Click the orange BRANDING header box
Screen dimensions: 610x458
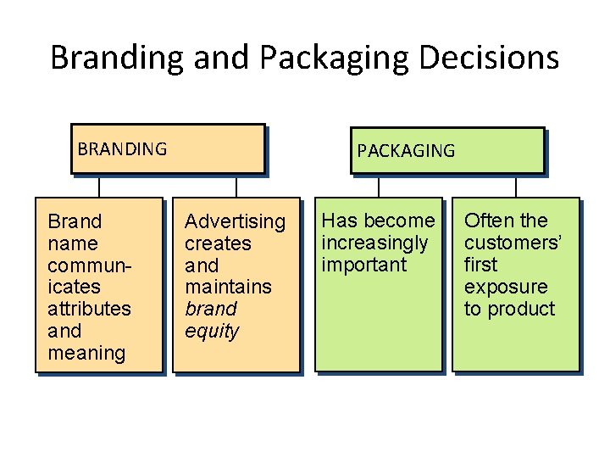point(167,149)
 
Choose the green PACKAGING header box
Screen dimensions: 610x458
point(446,151)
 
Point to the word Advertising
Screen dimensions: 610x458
point(236,221)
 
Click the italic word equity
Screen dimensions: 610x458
point(212,331)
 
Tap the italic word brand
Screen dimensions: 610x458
point(211,309)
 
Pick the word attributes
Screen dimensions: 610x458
point(89,309)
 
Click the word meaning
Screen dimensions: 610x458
point(86,353)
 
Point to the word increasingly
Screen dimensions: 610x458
point(374,243)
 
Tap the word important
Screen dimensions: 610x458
point(364,265)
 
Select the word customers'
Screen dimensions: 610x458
point(513,243)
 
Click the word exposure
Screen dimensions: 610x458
point(506,287)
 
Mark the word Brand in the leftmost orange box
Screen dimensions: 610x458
point(75,221)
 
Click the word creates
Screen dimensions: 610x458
point(218,243)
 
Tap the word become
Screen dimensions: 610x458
point(403,221)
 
